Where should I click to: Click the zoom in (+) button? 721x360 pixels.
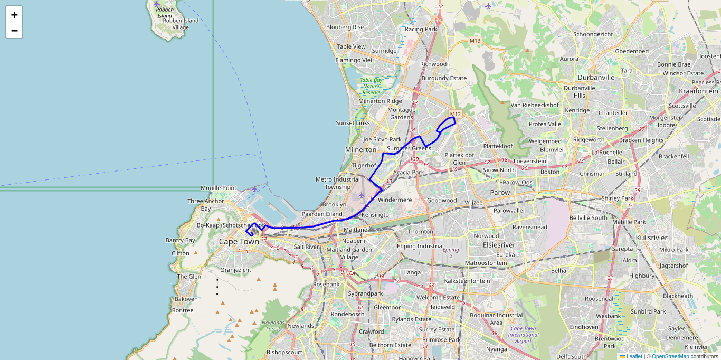pos(14,15)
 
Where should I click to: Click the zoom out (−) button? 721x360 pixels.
pos(14,31)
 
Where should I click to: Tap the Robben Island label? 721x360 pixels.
pos(165,13)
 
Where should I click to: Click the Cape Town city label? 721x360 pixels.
pos(239,242)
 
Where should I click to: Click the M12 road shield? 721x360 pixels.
pos(456,114)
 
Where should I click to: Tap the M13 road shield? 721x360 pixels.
pos(475,41)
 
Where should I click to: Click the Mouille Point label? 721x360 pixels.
pos(219,188)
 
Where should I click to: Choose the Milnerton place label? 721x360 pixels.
pos(360,150)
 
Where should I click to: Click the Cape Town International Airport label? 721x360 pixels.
pos(523,335)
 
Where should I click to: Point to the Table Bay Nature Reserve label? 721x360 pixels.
pos(371,86)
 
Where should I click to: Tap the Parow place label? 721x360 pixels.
pos(500,193)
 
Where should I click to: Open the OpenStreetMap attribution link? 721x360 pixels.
pos(670,356)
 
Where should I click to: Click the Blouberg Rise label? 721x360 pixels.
pos(345,27)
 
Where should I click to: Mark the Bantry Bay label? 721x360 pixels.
pos(180,240)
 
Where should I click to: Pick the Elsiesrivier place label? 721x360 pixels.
pos(499,245)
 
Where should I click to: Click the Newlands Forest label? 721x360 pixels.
pos(273,325)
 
